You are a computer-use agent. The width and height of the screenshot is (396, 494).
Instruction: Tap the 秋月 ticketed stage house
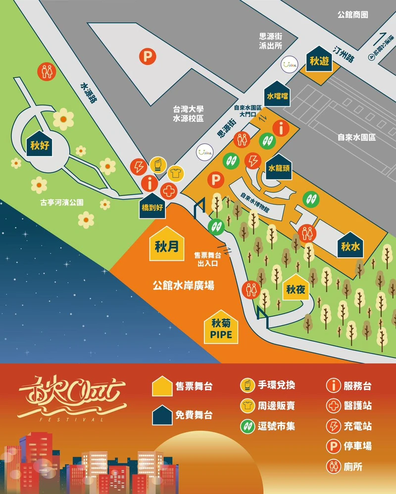tap(166, 244)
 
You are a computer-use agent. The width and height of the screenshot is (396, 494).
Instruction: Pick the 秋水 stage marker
tap(350, 244)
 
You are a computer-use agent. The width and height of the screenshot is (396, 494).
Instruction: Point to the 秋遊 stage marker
tap(319, 60)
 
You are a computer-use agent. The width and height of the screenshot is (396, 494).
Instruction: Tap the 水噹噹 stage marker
tap(277, 95)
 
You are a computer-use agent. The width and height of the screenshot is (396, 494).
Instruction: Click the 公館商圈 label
tap(352, 15)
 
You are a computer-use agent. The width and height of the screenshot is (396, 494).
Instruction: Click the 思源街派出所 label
tap(271, 41)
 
